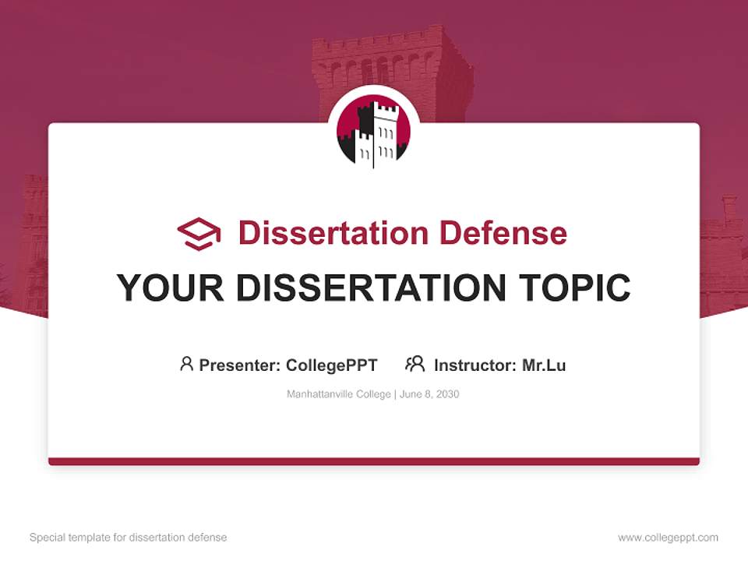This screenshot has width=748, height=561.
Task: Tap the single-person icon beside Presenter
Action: [x=186, y=364]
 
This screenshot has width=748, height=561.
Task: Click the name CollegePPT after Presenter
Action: [x=332, y=365]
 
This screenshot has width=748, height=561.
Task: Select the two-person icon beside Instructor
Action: [x=415, y=364]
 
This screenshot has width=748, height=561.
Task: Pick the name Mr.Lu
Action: [x=544, y=365]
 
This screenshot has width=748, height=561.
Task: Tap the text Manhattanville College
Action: [x=339, y=394]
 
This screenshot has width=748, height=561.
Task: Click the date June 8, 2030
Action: [x=429, y=394]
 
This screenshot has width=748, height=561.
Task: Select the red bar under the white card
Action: [x=374, y=461]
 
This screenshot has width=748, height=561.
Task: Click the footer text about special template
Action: [x=129, y=538]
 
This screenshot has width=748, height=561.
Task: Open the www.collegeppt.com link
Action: [x=668, y=538]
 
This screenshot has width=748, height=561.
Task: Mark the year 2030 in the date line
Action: [x=447, y=394]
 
